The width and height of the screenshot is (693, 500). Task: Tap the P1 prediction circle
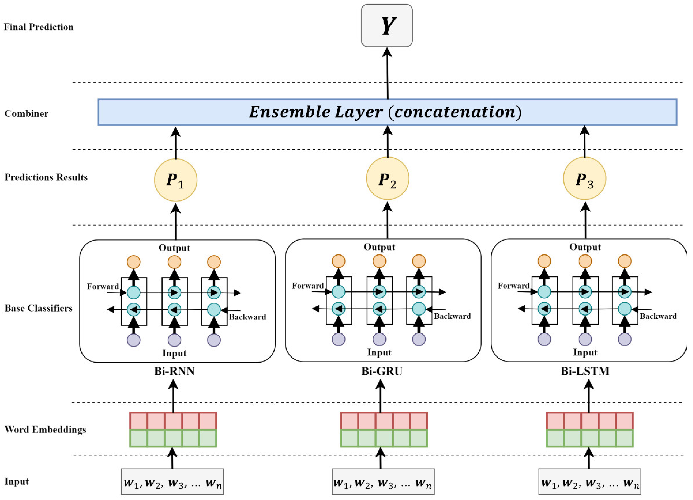[x=175, y=180]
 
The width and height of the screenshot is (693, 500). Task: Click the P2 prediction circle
[x=387, y=178]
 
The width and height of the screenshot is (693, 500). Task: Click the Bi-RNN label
[x=174, y=371]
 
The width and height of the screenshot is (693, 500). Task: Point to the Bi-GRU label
[x=382, y=371]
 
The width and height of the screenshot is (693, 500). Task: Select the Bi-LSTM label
[x=585, y=371]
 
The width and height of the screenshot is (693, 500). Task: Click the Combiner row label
[x=26, y=114]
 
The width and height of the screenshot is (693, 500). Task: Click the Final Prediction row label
[x=38, y=27]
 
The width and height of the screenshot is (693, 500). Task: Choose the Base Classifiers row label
[x=38, y=308]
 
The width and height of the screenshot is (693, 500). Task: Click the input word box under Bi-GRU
[x=383, y=482]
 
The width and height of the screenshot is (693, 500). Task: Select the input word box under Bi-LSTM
[x=589, y=482]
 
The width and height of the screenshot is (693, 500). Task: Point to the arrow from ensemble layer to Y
[x=387, y=73]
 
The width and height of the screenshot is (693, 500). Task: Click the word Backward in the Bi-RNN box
[x=248, y=317]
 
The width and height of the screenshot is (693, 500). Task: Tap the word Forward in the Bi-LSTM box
[x=513, y=286]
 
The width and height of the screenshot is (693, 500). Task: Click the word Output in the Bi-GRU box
[x=379, y=247]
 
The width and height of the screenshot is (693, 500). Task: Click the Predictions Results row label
[x=46, y=177]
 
